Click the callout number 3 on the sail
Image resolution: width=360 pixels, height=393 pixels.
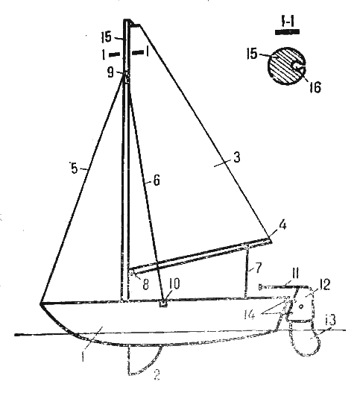237,157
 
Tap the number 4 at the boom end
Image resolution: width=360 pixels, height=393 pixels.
282,225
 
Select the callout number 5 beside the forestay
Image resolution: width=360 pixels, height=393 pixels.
75,169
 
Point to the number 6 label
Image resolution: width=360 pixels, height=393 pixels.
157,180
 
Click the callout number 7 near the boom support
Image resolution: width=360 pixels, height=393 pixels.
259,268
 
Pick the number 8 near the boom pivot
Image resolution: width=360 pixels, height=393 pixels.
145,284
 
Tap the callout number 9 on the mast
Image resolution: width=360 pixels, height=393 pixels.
110,72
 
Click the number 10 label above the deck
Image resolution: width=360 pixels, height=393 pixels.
174,284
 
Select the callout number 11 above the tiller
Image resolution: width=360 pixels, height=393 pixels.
295,273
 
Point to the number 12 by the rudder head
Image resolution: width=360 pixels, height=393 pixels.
325,285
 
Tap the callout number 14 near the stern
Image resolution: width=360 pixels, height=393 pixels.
250,314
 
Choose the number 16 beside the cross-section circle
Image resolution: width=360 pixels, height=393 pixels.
315,87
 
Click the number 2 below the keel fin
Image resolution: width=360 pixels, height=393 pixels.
157,375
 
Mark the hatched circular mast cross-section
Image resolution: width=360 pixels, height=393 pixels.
287,66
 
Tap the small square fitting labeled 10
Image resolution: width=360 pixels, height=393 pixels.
163,303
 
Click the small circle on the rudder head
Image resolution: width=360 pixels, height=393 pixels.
301,306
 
